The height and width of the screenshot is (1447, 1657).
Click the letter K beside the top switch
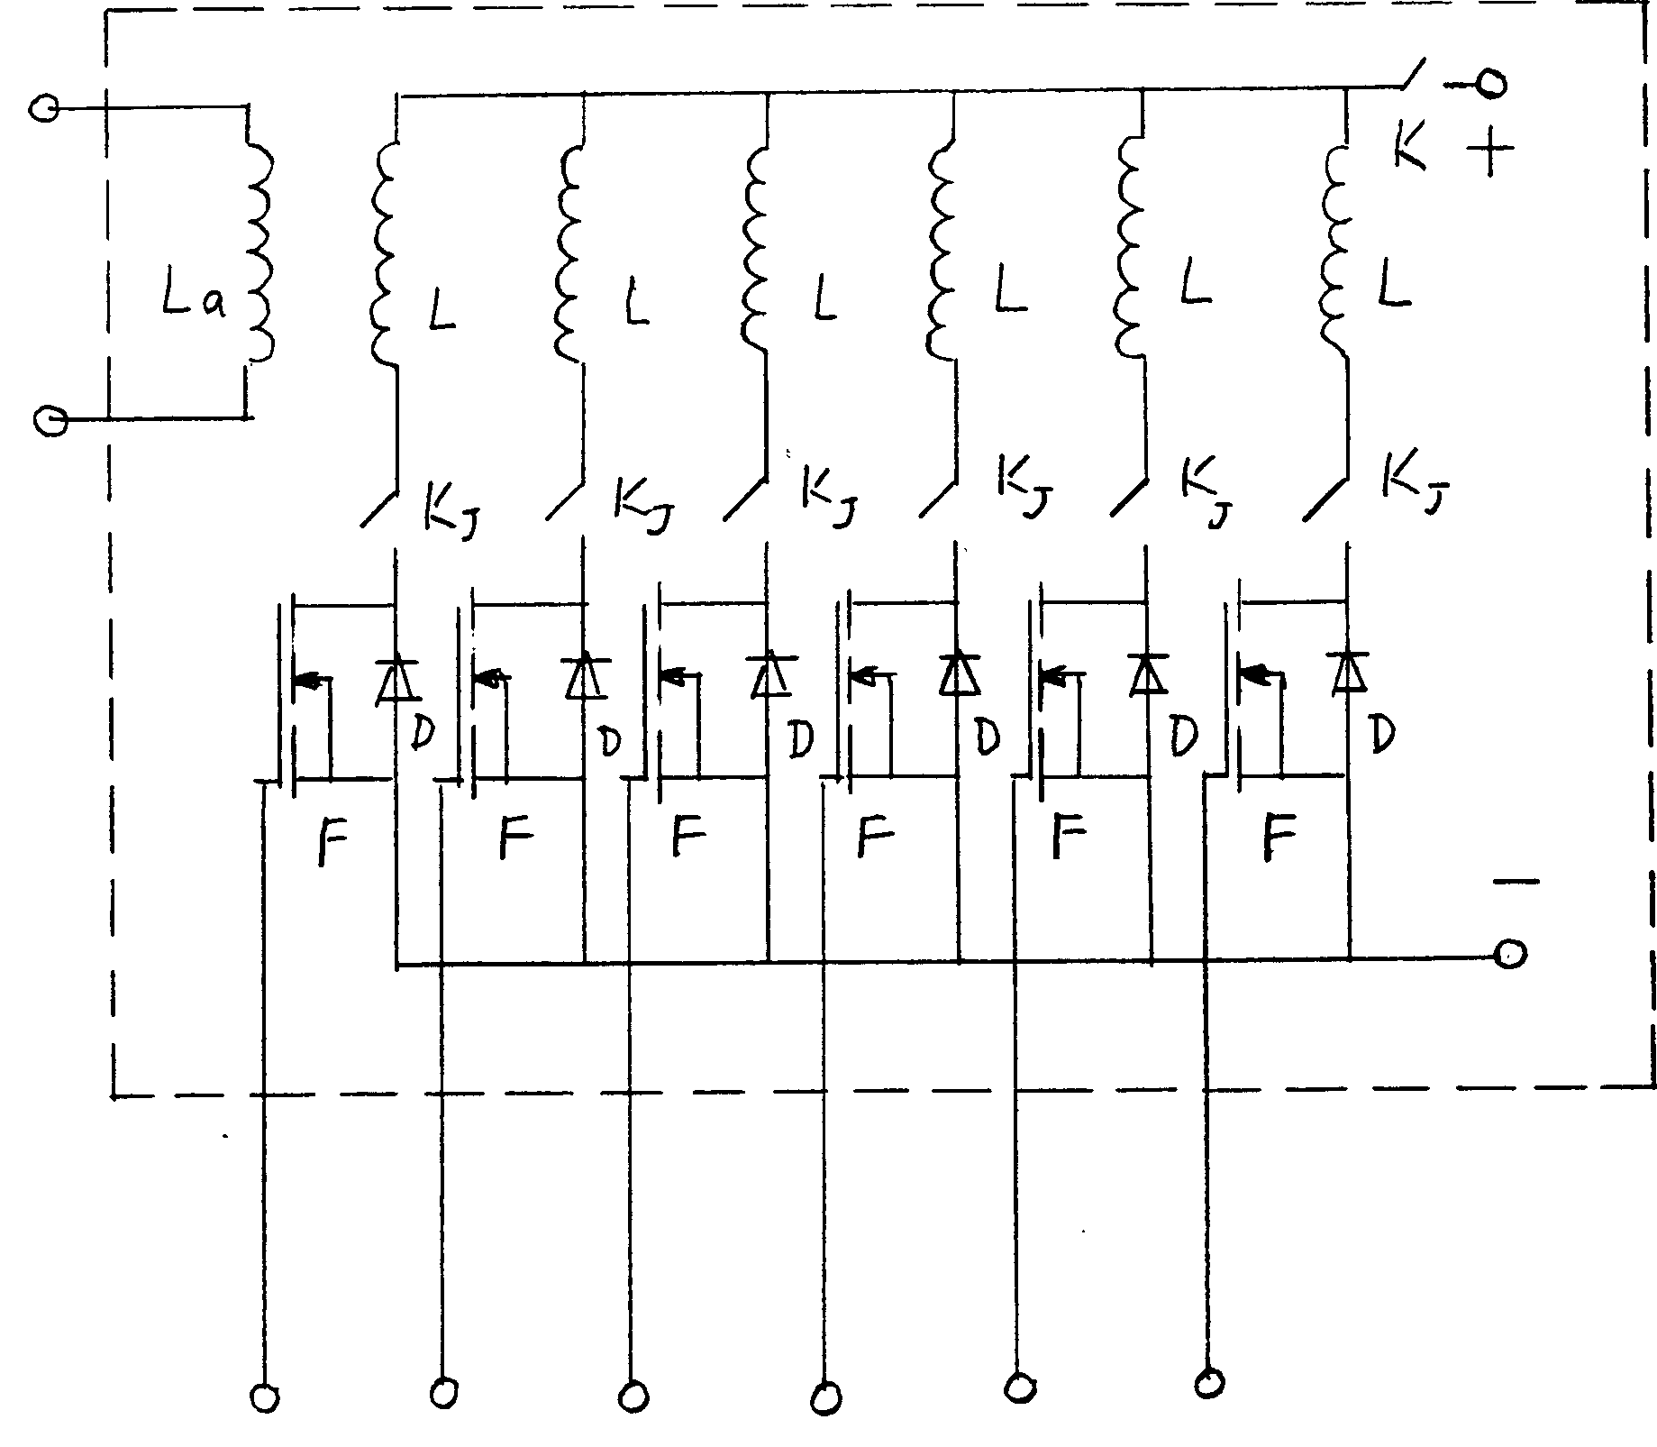click(1410, 147)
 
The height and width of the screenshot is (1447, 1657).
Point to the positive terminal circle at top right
click(1491, 84)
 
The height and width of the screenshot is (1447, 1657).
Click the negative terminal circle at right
click(1511, 954)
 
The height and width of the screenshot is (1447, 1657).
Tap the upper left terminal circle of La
click(43, 110)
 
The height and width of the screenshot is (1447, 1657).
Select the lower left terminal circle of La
click(50, 420)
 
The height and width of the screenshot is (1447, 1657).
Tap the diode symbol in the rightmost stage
click(1347, 672)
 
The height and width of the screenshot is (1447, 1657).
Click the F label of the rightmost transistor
click(1279, 836)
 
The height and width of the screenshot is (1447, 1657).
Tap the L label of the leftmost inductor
click(442, 311)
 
